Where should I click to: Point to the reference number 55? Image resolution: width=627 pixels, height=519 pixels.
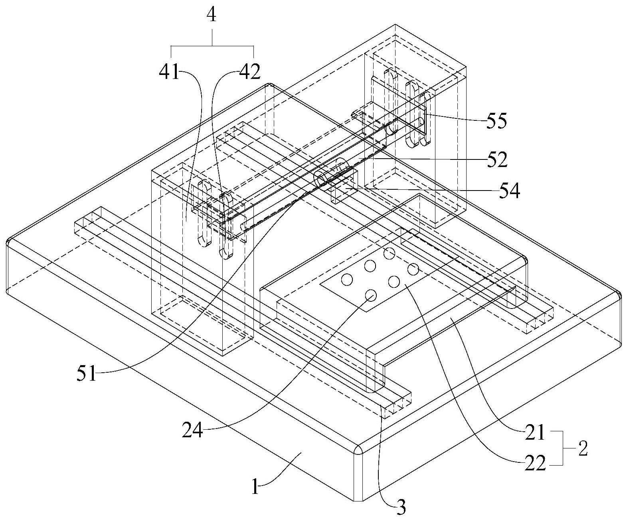[496, 121]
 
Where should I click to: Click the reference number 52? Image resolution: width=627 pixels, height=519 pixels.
[496, 159]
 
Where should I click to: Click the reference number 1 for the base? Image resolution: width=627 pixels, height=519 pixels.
[256, 488]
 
